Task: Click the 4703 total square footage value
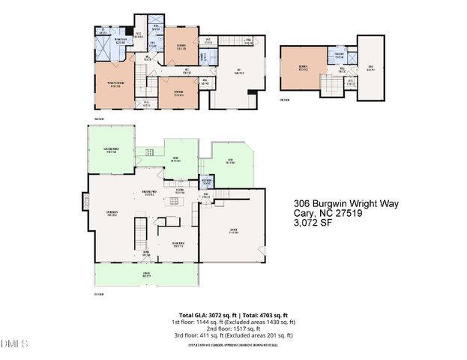(271, 315)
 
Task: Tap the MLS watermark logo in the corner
(13, 344)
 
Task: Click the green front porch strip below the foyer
(145, 275)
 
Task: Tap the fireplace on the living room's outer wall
(85, 201)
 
